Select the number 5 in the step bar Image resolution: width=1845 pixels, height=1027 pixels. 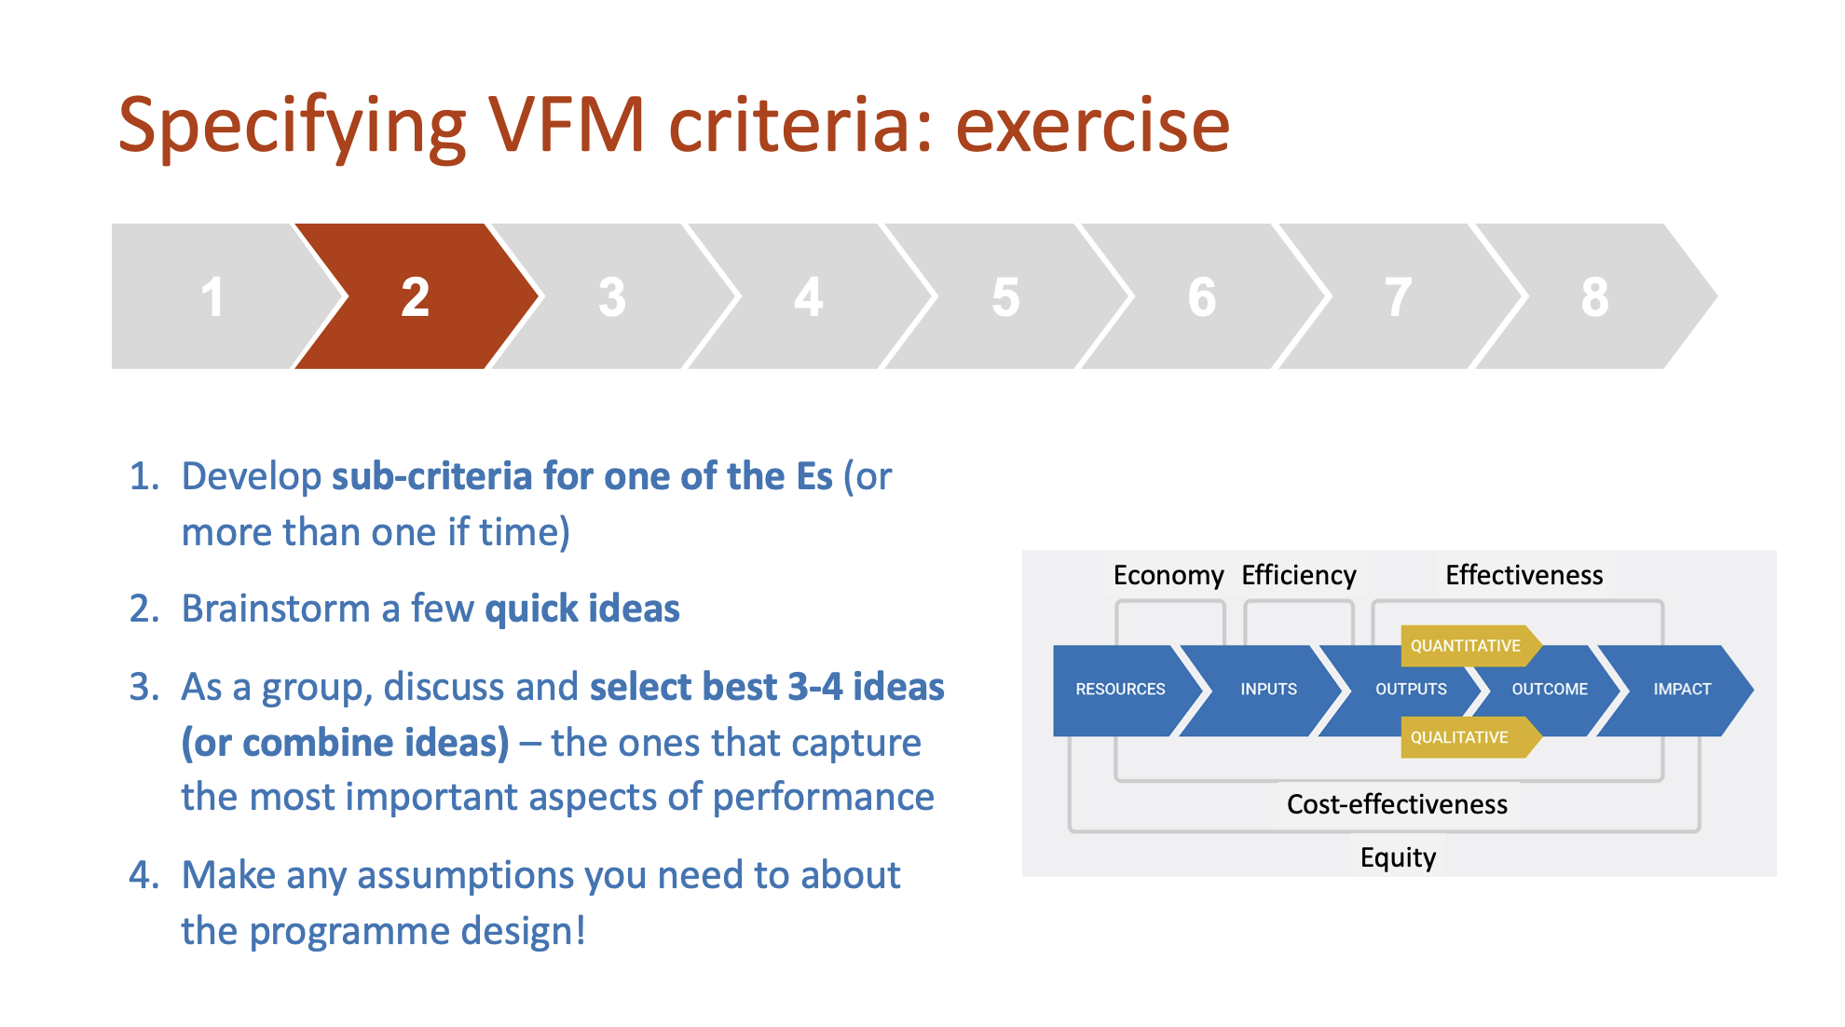point(1005,297)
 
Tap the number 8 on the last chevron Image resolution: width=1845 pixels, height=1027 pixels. point(1594,297)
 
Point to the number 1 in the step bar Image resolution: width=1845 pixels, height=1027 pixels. point(212,297)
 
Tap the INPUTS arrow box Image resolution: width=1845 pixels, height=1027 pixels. point(1262,690)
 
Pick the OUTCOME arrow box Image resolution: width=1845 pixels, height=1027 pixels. point(1547,690)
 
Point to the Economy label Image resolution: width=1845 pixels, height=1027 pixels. point(1168,575)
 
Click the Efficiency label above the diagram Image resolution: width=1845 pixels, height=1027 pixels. point(1299,575)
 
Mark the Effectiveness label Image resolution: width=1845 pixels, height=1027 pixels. point(1524,575)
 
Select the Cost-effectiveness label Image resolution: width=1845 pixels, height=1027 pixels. point(1397,804)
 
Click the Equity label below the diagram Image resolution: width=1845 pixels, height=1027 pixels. point(1398,857)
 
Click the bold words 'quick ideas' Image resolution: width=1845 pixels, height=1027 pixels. point(582,609)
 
